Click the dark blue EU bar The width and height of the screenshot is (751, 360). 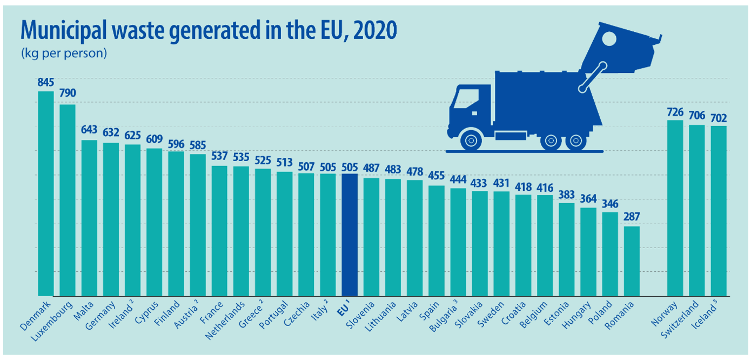pyautogui.click(x=350, y=235)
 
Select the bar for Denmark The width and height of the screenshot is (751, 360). pyautogui.click(x=45, y=194)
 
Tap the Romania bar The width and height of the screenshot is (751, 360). pyautogui.click(x=632, y=262)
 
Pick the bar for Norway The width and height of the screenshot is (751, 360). pyautogui.click(x=675, y=208)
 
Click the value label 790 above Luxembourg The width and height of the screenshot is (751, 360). pyautogui.click(x=68, y=93)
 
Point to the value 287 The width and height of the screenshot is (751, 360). pyautogui.click(x=632, y=217)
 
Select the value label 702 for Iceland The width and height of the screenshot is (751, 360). pyautogui.click(x=719, y=118)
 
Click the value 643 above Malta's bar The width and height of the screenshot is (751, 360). pyautogui.click(x=89, y=130)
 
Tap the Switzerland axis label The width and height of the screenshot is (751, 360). pyautogui.click(x=680, y=319)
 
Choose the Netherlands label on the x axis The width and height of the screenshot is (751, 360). pyautogui.click(x=225, y=321)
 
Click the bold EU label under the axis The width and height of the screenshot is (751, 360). pyautogui.click(x=344, y=308)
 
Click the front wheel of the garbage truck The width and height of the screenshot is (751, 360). pyautogui.click(x=471, y=140)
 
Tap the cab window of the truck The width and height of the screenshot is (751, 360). pyautogui.click(x=466, y=98)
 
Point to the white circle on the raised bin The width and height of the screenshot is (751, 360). pyautogui.click(x=609, y=39)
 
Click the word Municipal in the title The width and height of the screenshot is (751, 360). pyautogui.click(x=64, y=31)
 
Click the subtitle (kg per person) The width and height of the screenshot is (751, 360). pyautogui.click(x=64, y=54)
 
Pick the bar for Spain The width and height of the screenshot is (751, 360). pyautogui.click(x=437, y=241)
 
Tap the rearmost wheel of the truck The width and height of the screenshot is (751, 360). pyautogui.click(x=575, y=141)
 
